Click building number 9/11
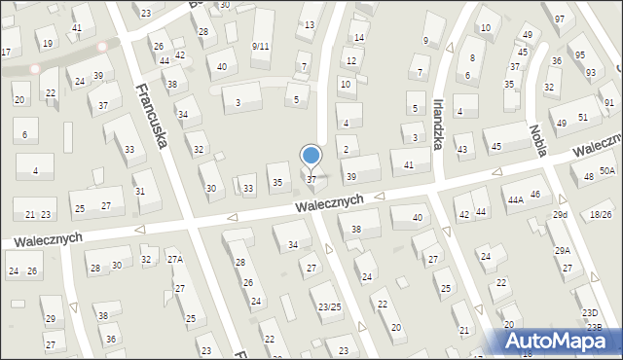tap(260, 47)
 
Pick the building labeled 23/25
tap(330, 306)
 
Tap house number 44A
tap(515, 199)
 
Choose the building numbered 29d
tap(560, 214)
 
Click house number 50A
tap(607, 170)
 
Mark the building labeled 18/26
tap(601, 214)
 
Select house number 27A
tap(175, 259)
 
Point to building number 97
tap(559, 19)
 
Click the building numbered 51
tap(582, 117)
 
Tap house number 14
tap(358, 38)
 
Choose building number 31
tap(140, 191)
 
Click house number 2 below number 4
tap(346, 149)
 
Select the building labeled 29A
tap(563, 251)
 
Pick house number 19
tap(47, 43)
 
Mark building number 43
tap(462, 150)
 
